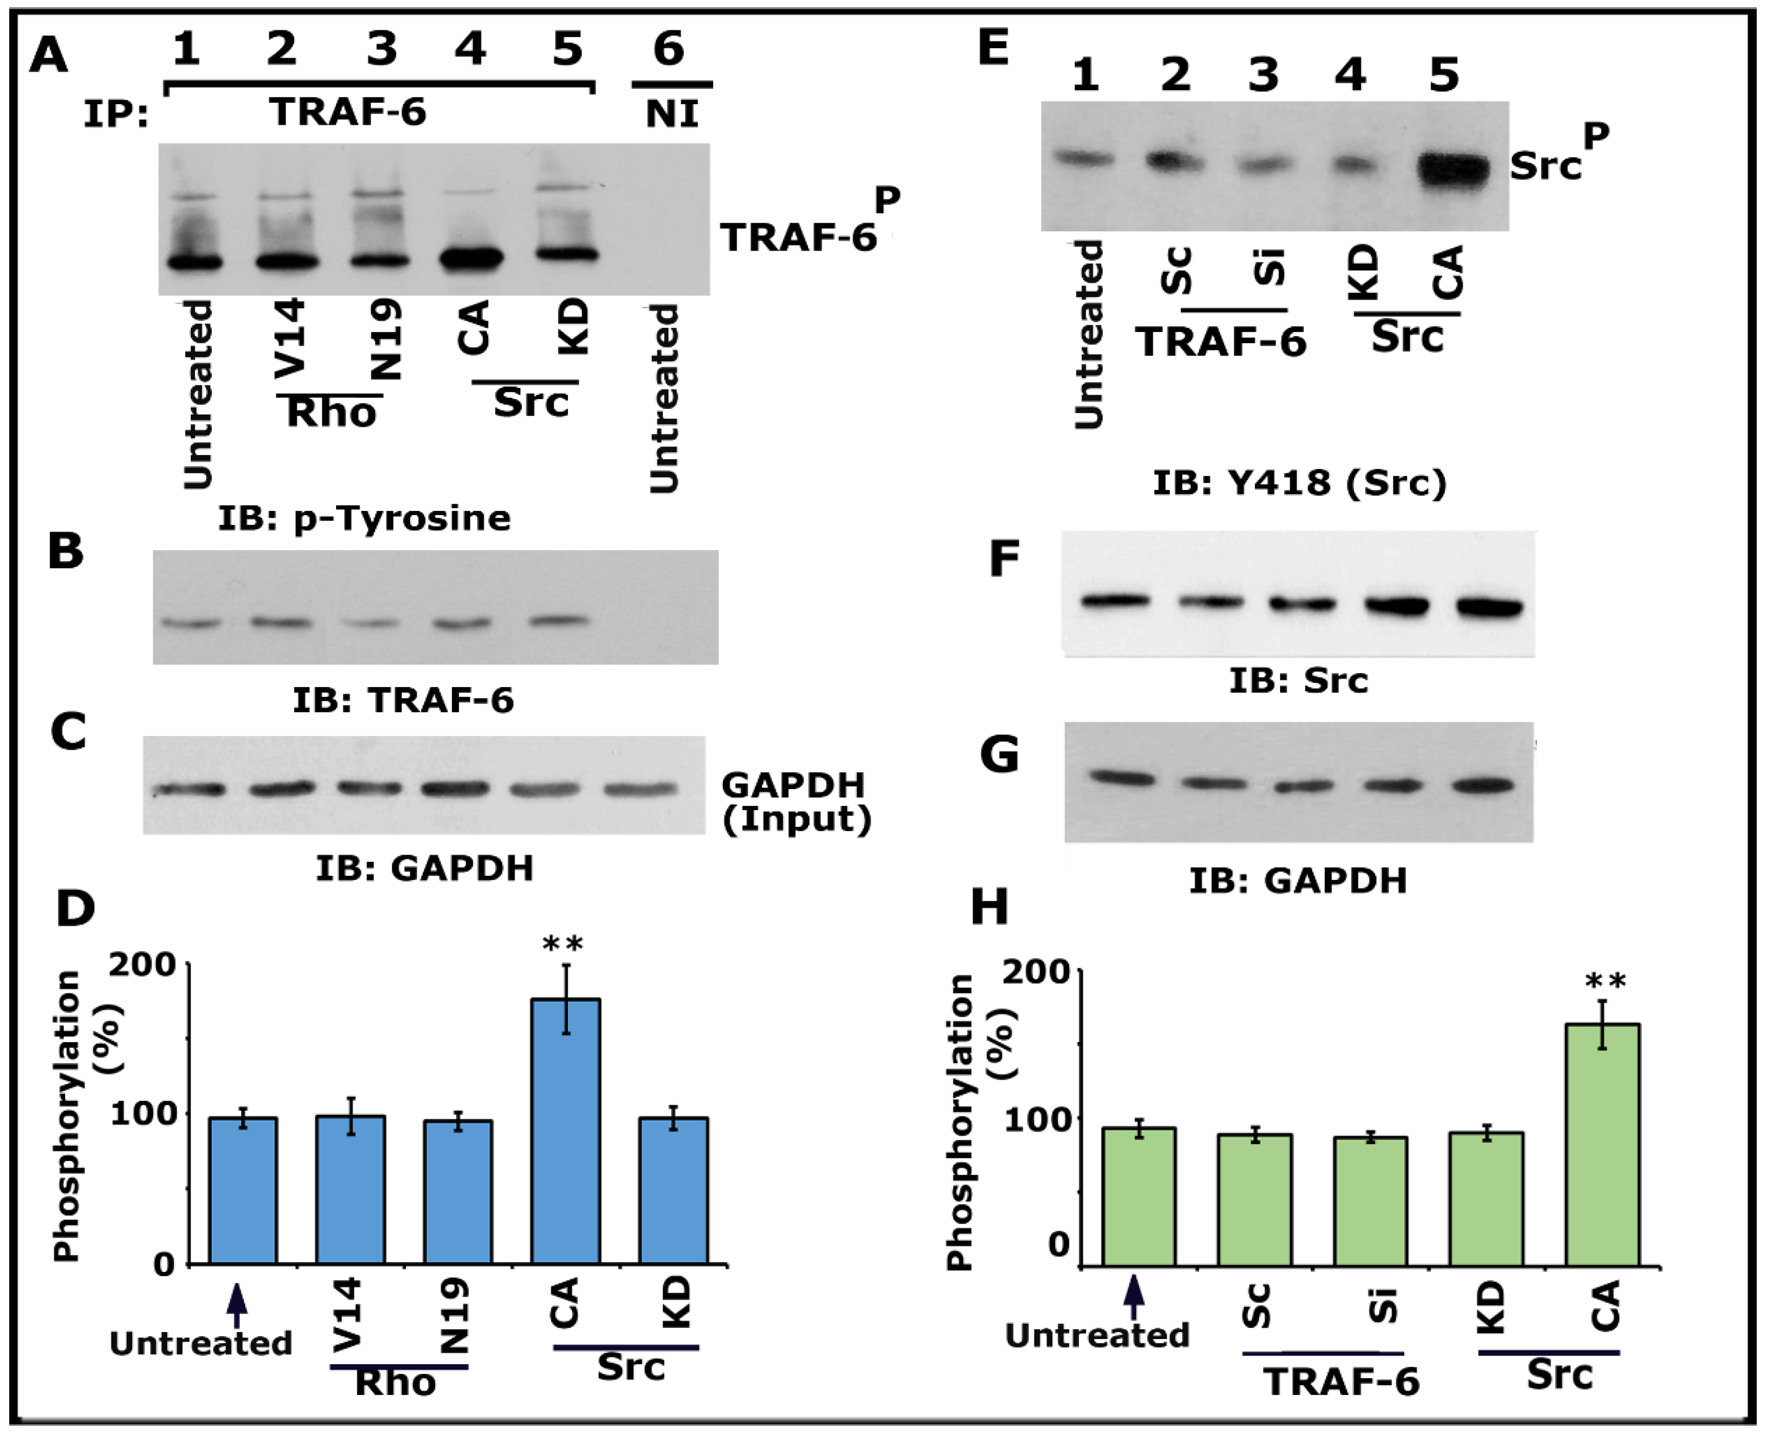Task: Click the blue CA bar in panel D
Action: [565, 1131]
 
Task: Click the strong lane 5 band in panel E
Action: [1454, 170]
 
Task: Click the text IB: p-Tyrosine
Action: [364, 518]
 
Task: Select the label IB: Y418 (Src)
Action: [1300, 482]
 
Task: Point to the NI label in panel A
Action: [672, 112]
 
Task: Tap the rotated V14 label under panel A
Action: [290, 339]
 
